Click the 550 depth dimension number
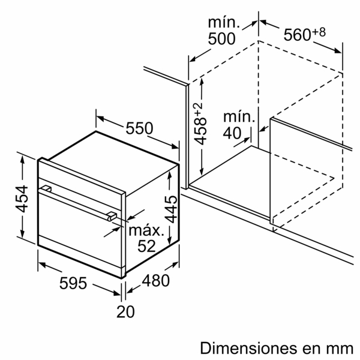pyautogui.click(x=139, y=128)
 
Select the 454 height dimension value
pyautogui.click(x=22, y=199)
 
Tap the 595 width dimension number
pyautogui.click(x=73, y=283)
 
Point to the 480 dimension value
pyautogui.click(x=155, y=281)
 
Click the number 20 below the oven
pyautogui.click(x=125, y=312)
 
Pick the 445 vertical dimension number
pyautogui.click(x=171, y=209)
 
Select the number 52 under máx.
pyautogui.click(x=146, y=246)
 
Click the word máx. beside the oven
pyautogui.click(x=146, y=230)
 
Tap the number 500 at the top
pyautogui.click(x=221, y=38)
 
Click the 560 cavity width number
pyautogui.click(x=298, y=35)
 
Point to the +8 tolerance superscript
pyautogui.click(x=319, y=32)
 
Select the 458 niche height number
pyautogui.click(x=200, y=132)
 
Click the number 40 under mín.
pyautogui.click(x=232, y=133)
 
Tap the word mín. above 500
pyautogui.click(x=224, y=23)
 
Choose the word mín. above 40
pyautogui.click(x=239, y=116)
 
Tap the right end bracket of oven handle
pyautogui.click(x=112, y=216)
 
